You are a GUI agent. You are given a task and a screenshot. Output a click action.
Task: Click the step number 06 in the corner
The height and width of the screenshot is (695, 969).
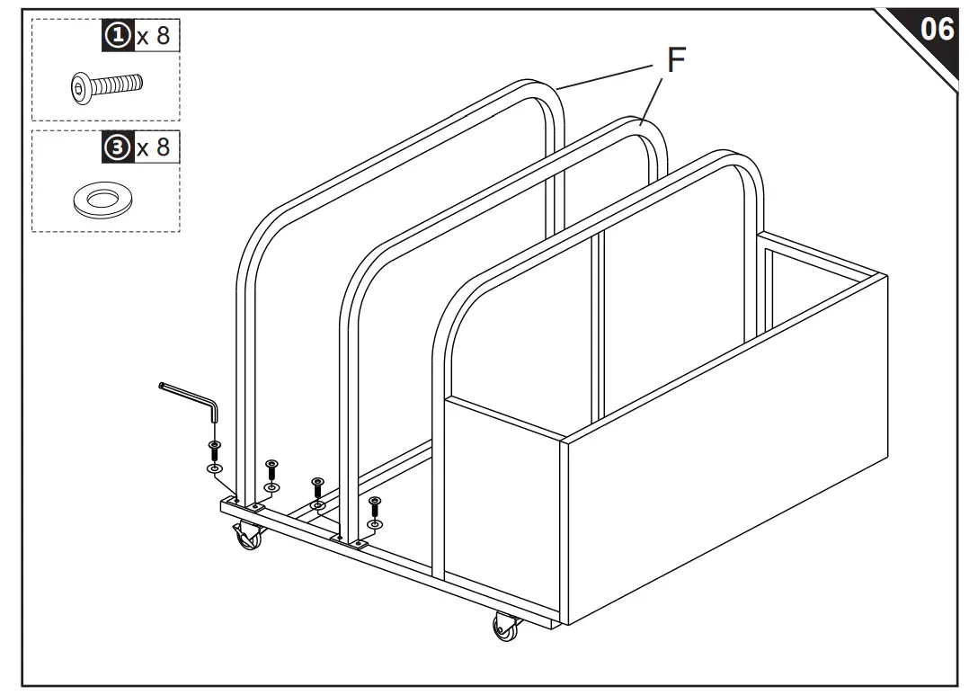tap(936, 29)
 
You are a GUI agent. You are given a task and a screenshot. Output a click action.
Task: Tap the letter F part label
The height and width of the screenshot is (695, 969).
tap(675, 60)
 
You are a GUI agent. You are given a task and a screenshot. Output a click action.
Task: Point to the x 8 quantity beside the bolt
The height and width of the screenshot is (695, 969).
tap(152, 36)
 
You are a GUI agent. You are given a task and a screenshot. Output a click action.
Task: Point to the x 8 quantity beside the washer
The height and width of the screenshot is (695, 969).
tap(152, 146)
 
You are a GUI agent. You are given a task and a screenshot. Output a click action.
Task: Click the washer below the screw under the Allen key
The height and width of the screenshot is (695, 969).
tap(214, 468)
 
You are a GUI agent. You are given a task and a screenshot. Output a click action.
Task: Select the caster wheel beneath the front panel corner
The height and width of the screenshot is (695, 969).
tap(506, 627)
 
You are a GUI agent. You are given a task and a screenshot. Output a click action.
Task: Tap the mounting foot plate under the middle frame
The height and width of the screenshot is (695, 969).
tap(350, 540)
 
